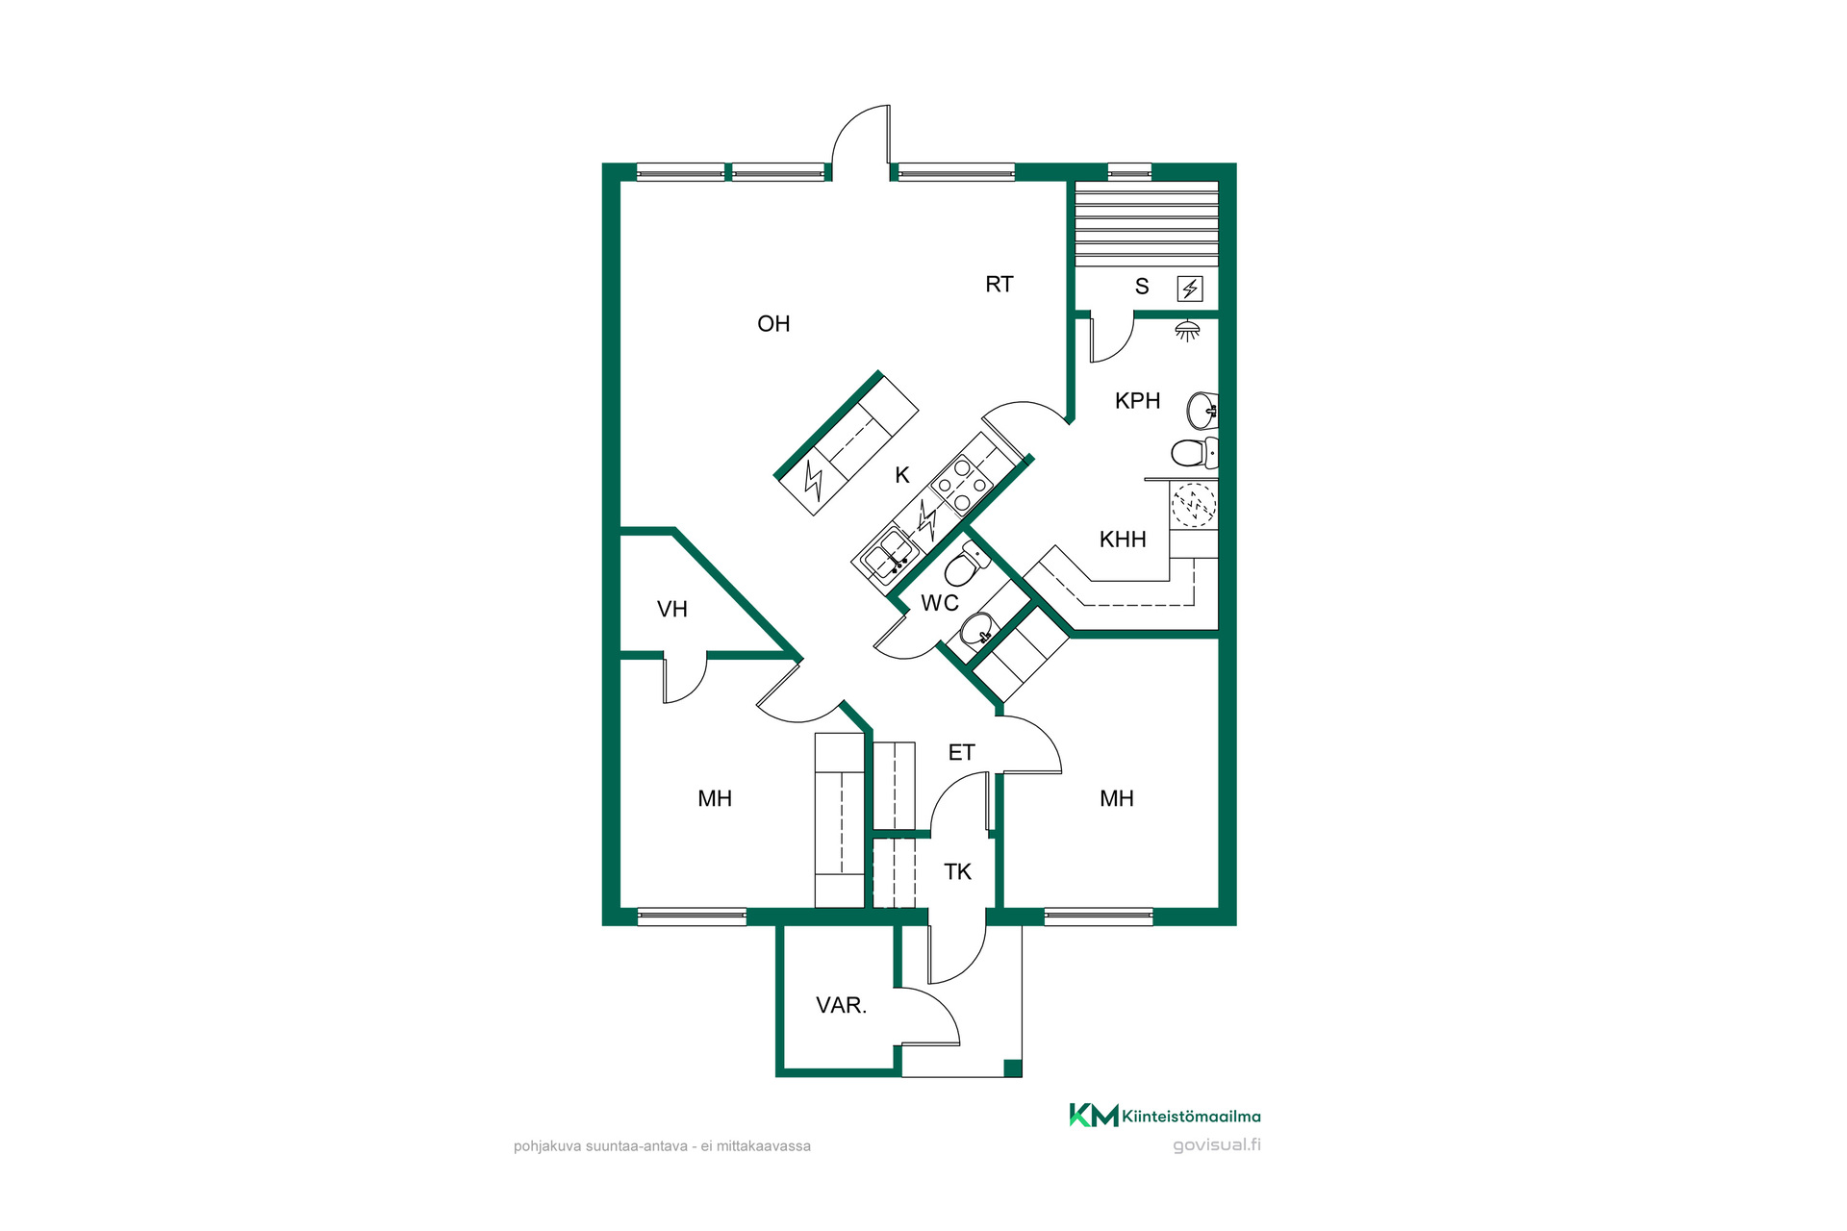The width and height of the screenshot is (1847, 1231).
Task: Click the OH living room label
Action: [773, 324]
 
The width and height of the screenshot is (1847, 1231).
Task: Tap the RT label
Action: [999, 285]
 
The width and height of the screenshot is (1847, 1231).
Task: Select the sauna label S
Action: [1142, 287]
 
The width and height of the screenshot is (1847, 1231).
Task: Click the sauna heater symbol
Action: [1190, 289]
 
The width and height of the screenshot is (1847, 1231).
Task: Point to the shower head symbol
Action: [1188, 331]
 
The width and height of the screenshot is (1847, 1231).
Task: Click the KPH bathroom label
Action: [1137, 401]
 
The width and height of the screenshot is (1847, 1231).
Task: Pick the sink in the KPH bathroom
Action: [1202, 411]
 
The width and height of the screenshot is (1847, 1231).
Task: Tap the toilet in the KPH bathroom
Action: [1195, 452]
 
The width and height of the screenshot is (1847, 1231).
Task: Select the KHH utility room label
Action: [1123, 540]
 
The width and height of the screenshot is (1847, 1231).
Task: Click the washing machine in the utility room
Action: [1194, 505]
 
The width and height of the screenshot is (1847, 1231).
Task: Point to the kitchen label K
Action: [902, 475]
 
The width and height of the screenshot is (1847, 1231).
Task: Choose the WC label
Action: [940, 603]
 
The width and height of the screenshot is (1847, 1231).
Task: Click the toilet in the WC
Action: [965, 564]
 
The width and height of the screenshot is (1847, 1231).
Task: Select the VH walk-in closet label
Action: [672, 610]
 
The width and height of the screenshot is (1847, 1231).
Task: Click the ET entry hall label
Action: [962, 753]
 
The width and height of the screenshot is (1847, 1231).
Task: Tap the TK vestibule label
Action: [957, 872]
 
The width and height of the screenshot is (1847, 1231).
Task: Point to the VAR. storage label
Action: [842, 1006]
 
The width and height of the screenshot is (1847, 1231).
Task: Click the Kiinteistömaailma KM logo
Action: [1094, 1115]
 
